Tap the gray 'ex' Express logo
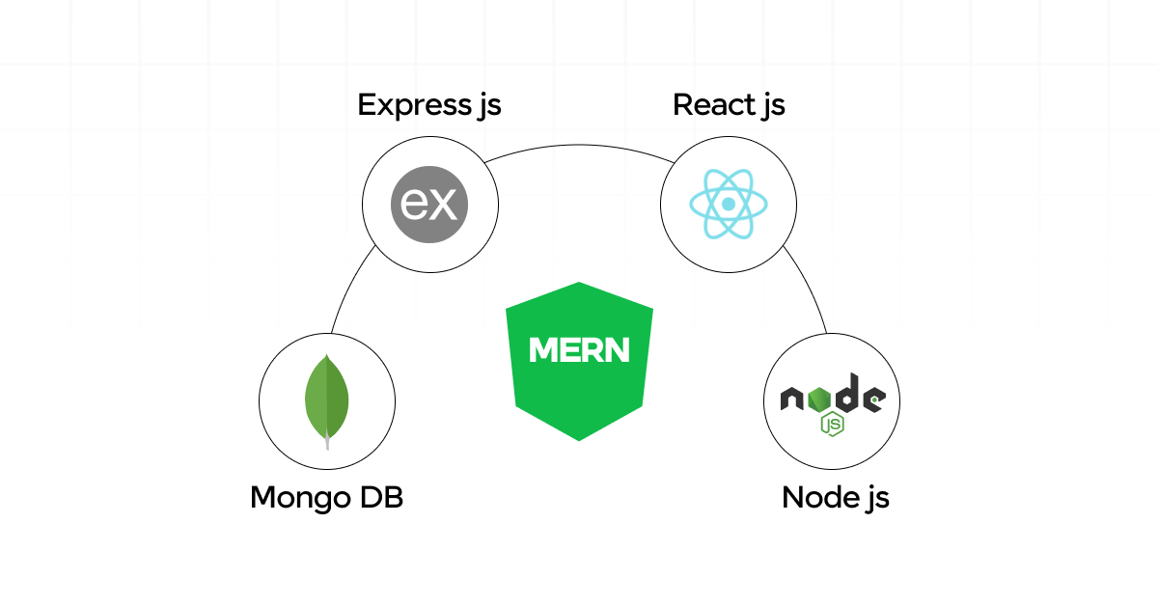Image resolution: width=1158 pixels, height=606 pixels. (429, 205)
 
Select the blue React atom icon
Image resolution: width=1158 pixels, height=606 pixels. (729, 205)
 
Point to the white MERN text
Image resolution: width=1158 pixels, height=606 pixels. (579, 349)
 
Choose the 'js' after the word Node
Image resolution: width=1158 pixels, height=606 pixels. (874, 500)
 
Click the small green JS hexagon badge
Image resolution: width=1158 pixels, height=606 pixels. (831, 424)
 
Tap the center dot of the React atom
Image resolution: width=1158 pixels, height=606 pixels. (729, 205)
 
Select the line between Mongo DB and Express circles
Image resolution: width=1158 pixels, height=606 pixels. (348, 289)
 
